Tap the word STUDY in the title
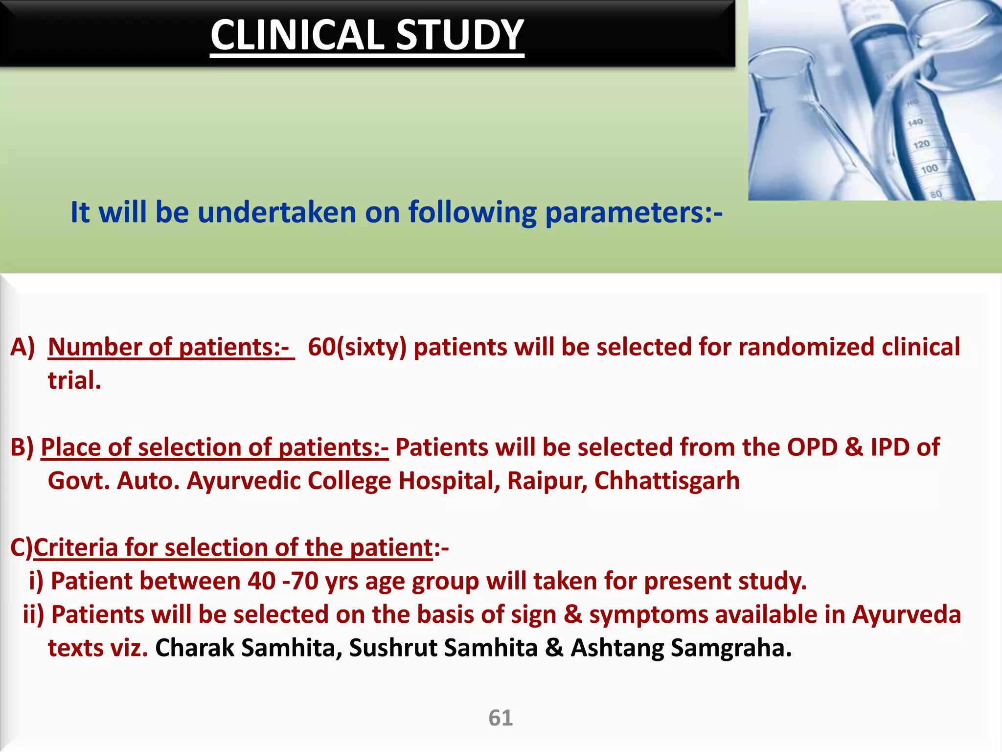click(x=459, y=35)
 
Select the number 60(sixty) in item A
click(x=357, y=348)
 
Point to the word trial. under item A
click(x=74, y=381)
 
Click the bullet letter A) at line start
click(x=23, y=348)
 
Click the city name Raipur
click(x=547, y=481)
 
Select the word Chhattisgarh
click(x=666, y=481)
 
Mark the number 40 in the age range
click(x=261, y=582)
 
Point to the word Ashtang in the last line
click(x=616, y=648)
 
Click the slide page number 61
click(x=501, y=718)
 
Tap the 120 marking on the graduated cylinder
click(x=921, y=144)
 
